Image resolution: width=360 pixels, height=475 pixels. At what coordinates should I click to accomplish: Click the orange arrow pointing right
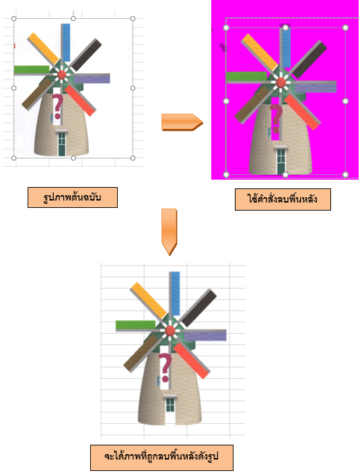(182, 122)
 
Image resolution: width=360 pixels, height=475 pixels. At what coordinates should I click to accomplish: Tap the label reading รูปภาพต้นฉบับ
(73, 197)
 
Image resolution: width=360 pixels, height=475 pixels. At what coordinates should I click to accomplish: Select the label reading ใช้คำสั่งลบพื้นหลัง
(283, 199)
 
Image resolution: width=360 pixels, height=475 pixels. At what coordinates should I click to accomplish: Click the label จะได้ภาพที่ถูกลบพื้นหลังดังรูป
(161, 457)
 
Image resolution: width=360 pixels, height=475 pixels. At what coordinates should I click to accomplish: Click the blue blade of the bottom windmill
(176, 293)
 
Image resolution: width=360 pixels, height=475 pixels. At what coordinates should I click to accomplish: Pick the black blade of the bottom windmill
(199, 307)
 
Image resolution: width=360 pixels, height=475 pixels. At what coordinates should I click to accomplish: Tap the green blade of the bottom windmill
(135, 325)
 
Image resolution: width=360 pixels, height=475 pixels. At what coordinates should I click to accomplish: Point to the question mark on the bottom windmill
(165, 367)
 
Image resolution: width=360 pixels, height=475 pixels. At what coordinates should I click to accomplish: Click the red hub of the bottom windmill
(170, 330)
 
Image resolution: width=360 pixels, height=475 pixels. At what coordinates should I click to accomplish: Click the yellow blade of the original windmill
(43, 48)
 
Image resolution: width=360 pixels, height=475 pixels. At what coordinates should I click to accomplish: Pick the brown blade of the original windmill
(36, 94)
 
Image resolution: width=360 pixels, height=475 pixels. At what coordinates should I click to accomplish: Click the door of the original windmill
(62, 143)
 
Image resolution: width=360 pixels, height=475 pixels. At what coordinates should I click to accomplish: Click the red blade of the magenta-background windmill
(302, 112)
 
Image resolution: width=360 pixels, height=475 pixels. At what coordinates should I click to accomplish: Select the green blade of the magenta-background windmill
(246, 76)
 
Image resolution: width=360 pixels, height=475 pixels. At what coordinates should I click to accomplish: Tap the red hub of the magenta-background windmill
(281, 82)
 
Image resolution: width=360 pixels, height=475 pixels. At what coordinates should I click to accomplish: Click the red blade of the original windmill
(80, 100)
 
